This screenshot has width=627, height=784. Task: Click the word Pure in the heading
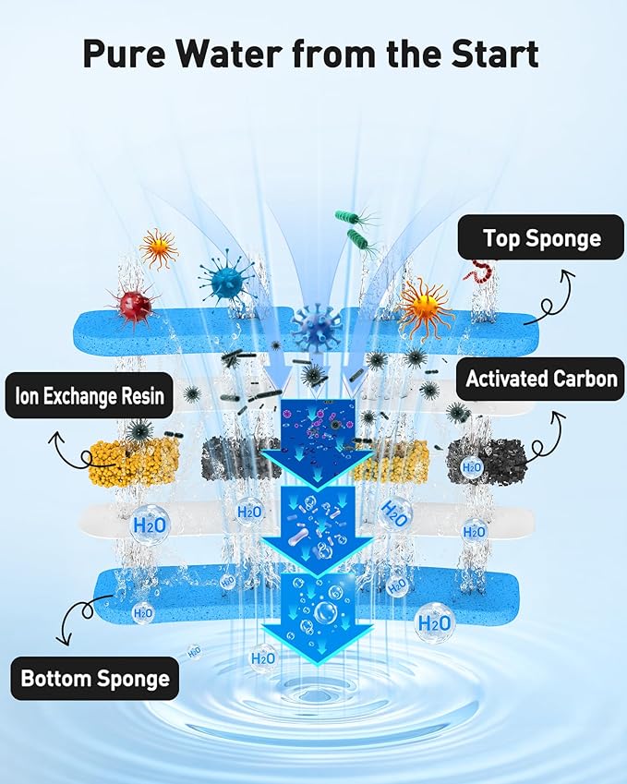point(124,53)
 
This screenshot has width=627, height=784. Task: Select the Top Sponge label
point(541,237)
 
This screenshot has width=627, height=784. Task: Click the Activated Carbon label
point(540,379)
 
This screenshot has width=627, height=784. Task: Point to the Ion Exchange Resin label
point(89,395)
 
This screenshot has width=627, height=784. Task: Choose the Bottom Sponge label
point(94,679)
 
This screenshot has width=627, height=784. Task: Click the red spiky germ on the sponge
point(134,304)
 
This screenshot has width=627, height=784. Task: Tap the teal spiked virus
point(225,282)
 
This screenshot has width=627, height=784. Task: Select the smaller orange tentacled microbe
point(159,248)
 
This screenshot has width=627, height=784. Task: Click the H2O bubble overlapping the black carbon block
point(471,467)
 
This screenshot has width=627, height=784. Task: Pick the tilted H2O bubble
point(394,513)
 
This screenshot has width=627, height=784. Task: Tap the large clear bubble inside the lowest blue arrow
point(325,611)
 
